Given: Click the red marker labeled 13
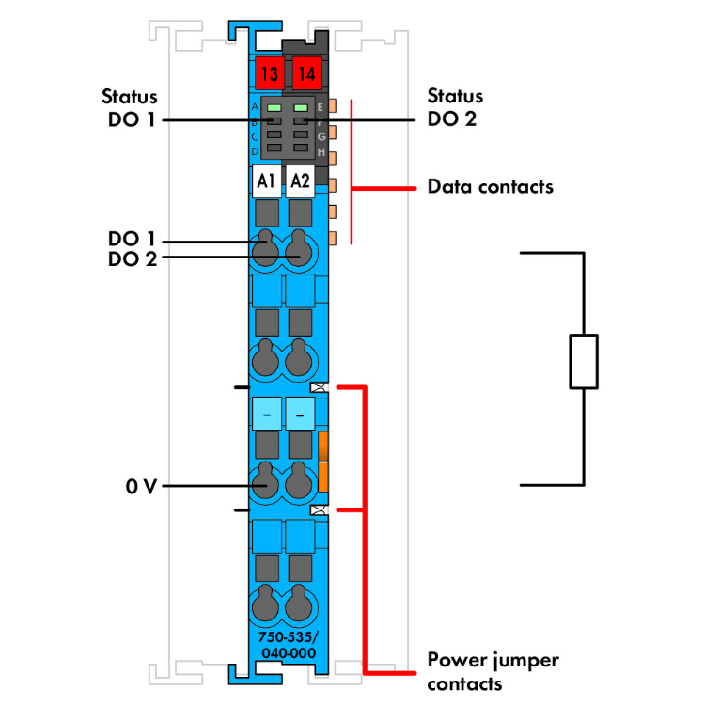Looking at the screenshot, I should (x=269, y=72).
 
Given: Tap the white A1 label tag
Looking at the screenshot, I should (x=266, y=180).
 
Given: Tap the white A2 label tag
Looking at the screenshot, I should (x=301, y=180).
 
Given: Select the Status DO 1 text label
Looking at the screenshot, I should (x=130, y=107).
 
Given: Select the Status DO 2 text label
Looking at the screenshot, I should (x=455, y=107).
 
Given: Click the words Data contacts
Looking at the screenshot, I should (x=490, y=186).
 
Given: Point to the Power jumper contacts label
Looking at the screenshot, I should (x=493, y=671).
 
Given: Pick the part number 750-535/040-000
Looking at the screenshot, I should (x=287, y=646).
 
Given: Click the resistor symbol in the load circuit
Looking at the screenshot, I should (x=584, y=360).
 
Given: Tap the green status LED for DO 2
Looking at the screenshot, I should (x=301, y=109).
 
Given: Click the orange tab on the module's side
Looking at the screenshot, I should (x=322, y=462).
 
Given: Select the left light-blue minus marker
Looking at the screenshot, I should (x=267, y=413).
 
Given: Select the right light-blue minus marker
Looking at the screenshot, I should (x=301, y=413).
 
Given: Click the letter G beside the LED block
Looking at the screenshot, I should (x=321, y=137).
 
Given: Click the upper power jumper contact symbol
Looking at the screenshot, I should (x=319, y=386).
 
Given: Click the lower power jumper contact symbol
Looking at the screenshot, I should (x=319, y=510).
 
